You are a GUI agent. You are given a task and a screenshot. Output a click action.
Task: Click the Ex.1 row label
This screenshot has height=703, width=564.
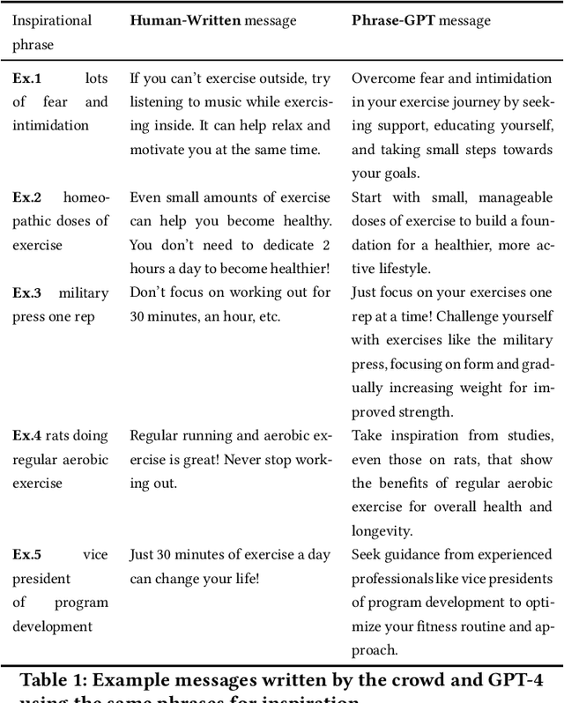point(26,78)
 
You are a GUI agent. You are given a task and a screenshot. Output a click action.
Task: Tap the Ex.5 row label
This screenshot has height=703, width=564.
point(26,555)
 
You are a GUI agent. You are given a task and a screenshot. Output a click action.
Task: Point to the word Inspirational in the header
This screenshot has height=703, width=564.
point(50,19)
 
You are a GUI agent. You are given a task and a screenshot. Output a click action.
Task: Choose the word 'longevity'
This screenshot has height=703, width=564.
point(382,530)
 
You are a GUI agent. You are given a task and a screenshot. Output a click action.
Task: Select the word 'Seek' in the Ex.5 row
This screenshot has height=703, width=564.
point(367,555)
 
